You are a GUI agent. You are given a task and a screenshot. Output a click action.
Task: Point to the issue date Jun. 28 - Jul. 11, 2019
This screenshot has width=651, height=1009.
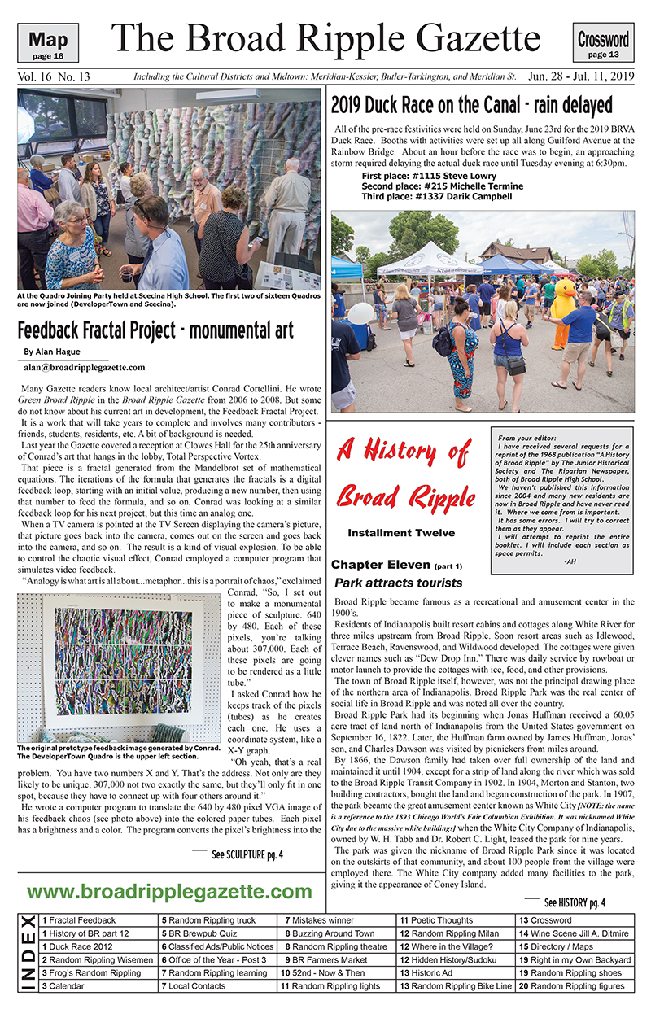click(x=580, y=76)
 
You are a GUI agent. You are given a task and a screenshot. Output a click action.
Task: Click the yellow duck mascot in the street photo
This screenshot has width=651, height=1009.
click(x=562, y=308)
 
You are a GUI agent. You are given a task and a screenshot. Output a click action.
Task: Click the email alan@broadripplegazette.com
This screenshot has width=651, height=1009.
click(x=85, y=367)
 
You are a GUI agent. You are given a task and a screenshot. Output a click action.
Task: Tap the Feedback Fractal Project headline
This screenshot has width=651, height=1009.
click(x=155, y=330)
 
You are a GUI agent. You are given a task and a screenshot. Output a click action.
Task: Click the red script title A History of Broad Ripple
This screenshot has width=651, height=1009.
click(x=404, y=472)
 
